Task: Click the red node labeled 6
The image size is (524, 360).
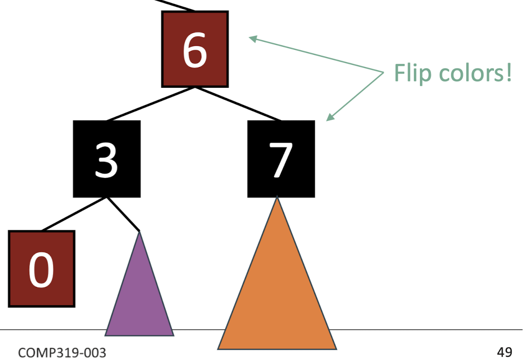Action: click(195, 49)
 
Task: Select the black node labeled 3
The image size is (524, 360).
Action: click(107, 159)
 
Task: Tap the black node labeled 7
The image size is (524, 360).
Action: click(281, 159)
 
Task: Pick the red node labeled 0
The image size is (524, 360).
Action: click(41, 268)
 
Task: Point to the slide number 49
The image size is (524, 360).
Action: click(505, 352)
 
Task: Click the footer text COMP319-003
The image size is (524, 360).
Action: click(62, 353)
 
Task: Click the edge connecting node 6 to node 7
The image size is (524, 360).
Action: click(238, 104)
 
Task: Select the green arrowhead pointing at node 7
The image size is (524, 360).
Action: click(330, 117)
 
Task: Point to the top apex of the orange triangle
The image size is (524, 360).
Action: click(277, 199)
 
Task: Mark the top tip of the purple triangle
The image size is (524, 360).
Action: click(140, 232)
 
